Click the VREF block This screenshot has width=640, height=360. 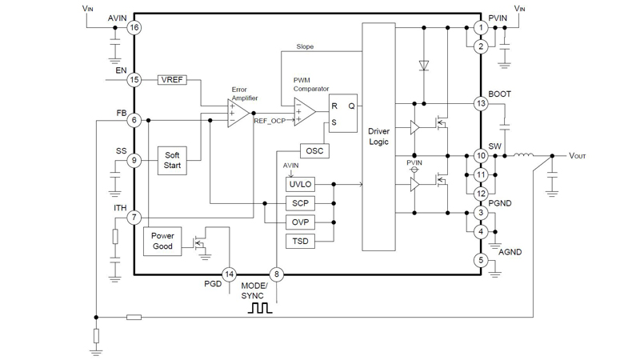point(172,80)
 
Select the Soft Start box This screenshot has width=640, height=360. point(172,160)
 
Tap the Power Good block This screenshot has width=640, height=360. point(162,242)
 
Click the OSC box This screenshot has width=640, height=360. point(313,151)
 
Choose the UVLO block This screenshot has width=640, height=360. point(300,184)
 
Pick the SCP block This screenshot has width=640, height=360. point(300,203)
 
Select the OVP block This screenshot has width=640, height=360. point(300,222)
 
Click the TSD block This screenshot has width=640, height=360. point(300,241)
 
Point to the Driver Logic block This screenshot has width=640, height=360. point(378,137)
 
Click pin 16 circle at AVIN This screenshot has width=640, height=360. point(134,28)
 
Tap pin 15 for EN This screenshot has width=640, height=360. point(134,80)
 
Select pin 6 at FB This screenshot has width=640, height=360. point(134,120)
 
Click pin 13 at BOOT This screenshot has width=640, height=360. point(481,103)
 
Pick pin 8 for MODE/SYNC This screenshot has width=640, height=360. point(277,274)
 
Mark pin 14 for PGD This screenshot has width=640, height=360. point(230,274)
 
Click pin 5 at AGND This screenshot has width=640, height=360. point(481,260)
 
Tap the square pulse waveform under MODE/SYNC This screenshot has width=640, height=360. point(261,307)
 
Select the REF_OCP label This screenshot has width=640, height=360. point(270,121)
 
